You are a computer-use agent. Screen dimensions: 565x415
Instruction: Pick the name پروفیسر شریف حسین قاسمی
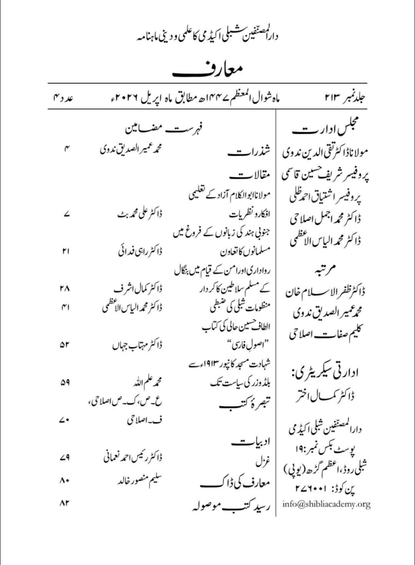click(324, 175)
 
